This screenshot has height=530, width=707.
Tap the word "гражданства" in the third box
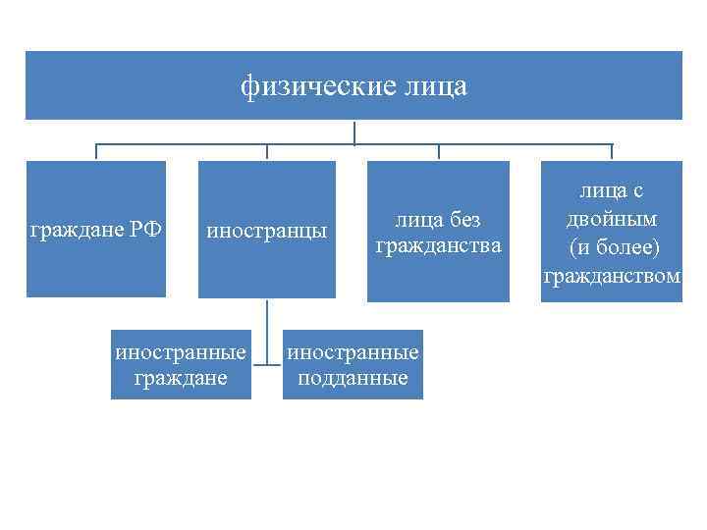coord(438,244)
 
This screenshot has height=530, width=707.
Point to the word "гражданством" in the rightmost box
coord(612,276)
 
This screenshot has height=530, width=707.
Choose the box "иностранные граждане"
coord(181,364)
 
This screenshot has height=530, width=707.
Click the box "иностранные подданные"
coord(353,364)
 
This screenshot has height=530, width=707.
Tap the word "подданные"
coord(353,377)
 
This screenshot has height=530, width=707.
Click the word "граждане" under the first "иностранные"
coord(181,377)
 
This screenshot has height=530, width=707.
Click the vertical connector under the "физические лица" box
coord(353,133)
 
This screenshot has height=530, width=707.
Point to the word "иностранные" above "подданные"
coord(353,351)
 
